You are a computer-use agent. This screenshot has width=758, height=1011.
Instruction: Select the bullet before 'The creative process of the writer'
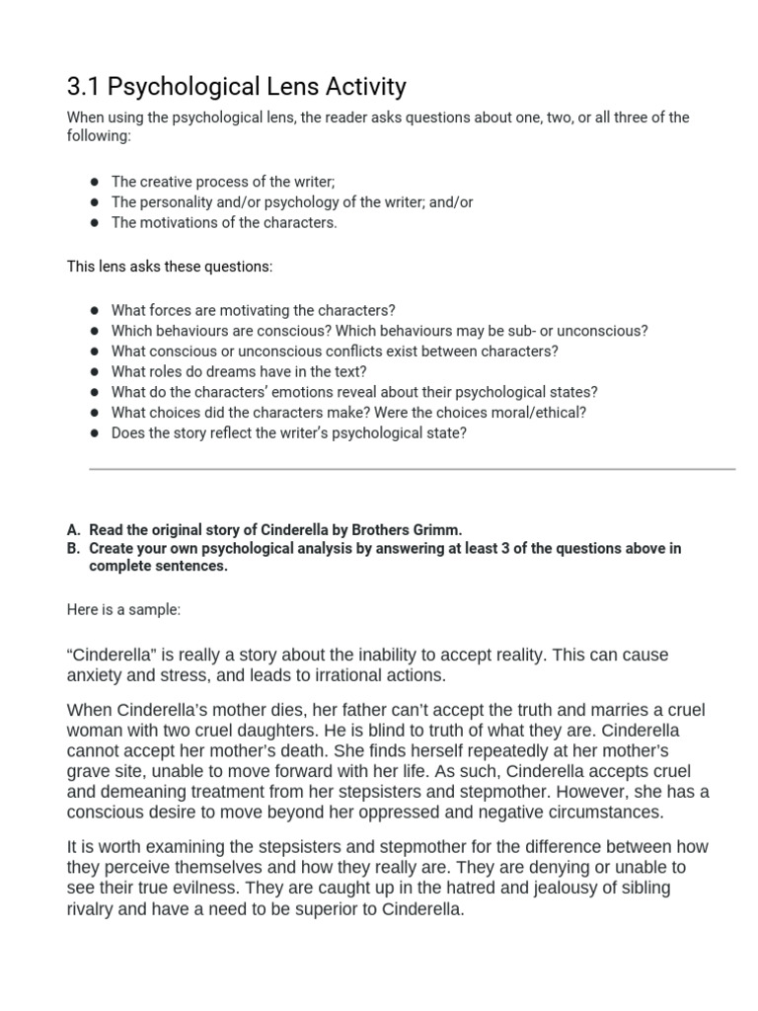point(94,182)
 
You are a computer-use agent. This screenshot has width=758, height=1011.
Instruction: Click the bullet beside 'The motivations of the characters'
point(94,222)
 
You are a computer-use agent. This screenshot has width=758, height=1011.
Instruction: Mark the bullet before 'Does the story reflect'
point(94,432)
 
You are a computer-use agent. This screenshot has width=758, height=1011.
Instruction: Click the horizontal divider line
point(412,469)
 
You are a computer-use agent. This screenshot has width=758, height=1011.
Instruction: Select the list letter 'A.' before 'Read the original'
point(74,529)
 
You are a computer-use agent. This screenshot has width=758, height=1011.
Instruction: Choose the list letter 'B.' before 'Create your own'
point(74,548)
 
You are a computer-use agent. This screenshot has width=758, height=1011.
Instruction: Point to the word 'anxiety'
point(94,676)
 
